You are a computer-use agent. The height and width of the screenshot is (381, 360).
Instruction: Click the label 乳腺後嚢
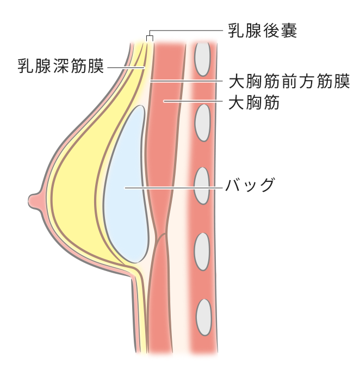[x=263, y=30]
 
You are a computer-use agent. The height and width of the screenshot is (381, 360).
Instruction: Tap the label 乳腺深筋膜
[x=61, y=66]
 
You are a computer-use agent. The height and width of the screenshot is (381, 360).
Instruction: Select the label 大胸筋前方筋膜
[x=289, y=81]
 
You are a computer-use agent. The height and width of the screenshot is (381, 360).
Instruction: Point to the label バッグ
[x=250, y=185]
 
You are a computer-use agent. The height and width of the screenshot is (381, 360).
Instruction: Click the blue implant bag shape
[x=126, y=185]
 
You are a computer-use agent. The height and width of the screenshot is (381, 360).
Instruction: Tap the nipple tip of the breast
[x=29, y=201]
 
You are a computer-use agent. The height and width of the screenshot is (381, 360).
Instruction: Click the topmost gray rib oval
[x=202, y=59]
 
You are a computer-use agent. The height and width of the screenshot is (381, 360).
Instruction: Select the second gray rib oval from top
[x=202, y=122]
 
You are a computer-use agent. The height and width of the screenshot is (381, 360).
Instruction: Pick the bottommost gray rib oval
[x=204, y=317]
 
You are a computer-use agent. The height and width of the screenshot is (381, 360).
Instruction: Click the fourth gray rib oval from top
[x=202, y=251]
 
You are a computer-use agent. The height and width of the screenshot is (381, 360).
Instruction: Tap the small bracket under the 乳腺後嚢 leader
[x=150, y=38]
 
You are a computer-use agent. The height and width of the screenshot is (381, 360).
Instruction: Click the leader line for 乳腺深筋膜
[x=126, y=67]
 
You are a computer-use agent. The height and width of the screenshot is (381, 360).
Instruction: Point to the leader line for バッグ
[x=173, y=188]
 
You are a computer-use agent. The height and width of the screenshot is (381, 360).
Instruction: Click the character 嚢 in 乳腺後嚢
[x=289, y=30]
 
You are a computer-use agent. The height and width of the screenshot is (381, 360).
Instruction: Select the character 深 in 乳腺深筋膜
[x=61, y=66]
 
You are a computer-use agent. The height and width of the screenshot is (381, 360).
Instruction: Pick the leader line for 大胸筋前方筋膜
[x=187, y=81]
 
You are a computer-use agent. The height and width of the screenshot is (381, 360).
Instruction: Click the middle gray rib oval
[x=202, y=186]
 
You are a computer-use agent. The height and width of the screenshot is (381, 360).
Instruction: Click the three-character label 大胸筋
[x=254, y=102]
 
